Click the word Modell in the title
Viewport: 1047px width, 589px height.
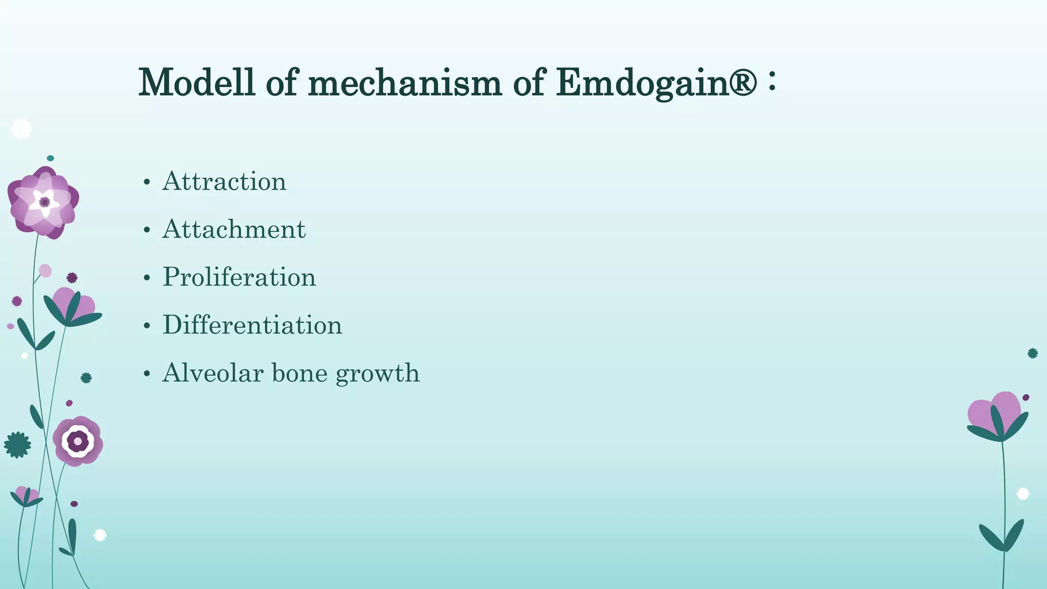click(x=196, y=82)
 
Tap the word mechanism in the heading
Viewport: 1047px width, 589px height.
click(x=405, y=82)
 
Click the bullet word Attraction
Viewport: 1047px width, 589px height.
click(x=224, y=182)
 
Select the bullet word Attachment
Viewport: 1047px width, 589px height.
click(x=234, y=230)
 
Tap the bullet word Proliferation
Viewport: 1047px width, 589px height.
click(x=239, y=277)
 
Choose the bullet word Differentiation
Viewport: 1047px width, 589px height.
click(x=252, y=325)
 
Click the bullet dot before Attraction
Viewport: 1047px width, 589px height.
click(x=147, y=183)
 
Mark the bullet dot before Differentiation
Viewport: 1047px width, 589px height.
click(x=147, y=326)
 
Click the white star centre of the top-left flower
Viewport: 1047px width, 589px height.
click(x=44, y=202)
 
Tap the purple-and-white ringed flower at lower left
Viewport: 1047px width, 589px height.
click(x=78, y=441)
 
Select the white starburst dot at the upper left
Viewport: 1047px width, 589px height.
click(x=21, y=129)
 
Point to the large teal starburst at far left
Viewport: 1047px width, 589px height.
click(x=17, y=445)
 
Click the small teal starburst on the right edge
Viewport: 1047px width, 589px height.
click(x=1033, y=353)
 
